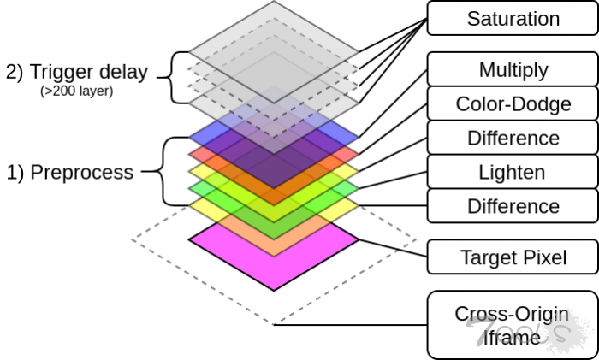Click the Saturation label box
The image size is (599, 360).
512,18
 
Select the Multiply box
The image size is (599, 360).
512,69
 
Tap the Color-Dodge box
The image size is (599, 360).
512,104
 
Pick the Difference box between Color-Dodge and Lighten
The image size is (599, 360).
512,138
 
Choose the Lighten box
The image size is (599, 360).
512,172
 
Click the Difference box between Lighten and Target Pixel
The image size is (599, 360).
512,206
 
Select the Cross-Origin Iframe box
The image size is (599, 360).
512,325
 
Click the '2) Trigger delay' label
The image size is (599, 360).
77,72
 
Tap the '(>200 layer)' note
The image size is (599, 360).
78,91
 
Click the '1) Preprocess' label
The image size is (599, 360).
70,172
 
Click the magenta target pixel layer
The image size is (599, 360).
274,257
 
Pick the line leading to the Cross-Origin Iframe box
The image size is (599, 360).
351,325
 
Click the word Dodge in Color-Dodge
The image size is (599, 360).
545,104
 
